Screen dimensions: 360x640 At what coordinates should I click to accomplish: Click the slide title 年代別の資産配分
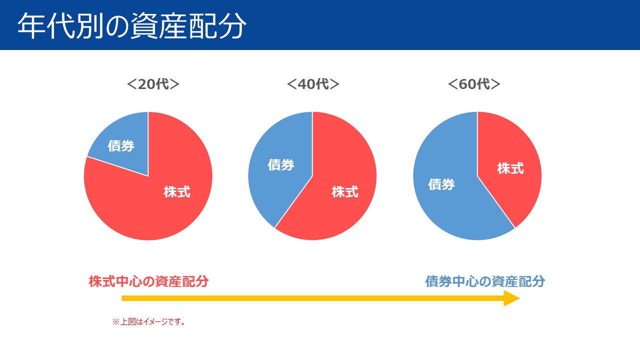[132, 26]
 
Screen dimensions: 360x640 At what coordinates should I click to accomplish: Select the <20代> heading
[153, 84]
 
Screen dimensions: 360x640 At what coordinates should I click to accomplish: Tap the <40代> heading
[313, 84]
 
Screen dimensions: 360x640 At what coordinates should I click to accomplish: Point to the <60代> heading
[473, 84]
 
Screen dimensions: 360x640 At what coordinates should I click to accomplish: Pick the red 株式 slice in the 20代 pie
[150, 210]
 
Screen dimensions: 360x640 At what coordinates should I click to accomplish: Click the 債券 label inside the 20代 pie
[121, 146]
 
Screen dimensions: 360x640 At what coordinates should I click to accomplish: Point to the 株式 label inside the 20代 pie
[177, 192]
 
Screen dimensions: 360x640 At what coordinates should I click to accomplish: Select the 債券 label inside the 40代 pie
[281, 164]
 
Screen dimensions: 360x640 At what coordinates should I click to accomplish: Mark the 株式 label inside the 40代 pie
[345, 191]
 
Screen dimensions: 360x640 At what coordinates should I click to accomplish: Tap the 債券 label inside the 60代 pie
[441, 184]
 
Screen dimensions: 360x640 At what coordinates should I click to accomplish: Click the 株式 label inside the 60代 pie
[510, 168]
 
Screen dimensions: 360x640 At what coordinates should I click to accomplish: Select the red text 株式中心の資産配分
[148, 281]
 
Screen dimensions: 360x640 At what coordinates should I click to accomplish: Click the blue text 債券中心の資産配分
[485, 281]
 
